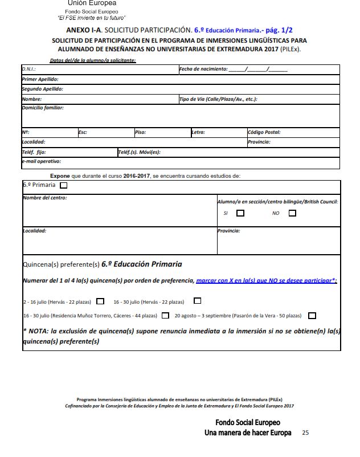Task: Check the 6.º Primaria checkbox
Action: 63,185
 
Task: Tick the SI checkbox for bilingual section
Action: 240,213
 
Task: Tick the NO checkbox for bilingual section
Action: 292,213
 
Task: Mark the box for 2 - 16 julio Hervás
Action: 100,301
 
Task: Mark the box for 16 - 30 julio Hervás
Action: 198,301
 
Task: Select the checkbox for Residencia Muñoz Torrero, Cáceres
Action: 165,315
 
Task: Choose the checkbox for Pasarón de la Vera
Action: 312,315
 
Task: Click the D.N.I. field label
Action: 29,70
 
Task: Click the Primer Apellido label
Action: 40,79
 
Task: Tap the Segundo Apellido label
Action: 42,89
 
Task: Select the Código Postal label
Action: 264,132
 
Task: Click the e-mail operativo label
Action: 41,162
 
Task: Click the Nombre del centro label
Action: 44,198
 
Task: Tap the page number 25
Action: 305,433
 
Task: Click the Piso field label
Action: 141,132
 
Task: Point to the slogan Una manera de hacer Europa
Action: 248,433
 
